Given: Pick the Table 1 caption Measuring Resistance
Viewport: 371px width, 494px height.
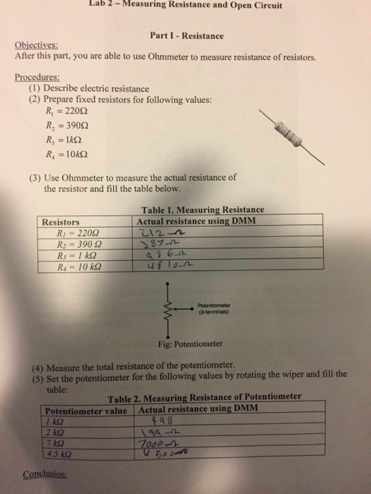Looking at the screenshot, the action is click(203, 210).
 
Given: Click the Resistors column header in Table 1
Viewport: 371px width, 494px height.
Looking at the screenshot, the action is click(61, 221).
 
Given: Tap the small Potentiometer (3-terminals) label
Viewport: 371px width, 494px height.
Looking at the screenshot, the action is click(213, 309).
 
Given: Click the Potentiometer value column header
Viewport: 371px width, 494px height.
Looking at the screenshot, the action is click(85, 411).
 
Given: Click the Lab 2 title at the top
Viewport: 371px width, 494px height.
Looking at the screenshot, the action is click(186, 5).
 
